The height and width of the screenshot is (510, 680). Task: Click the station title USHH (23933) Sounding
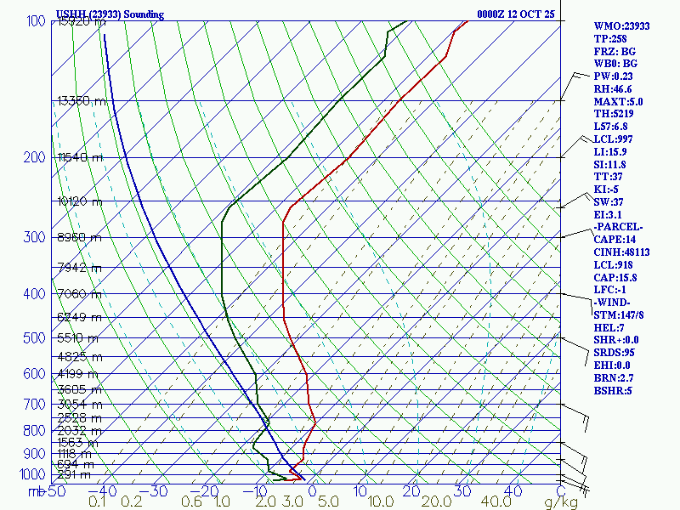click(110, 14)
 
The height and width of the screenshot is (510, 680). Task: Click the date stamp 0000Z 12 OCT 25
click(516, 14)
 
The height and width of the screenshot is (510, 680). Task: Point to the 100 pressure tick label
click(36, 21)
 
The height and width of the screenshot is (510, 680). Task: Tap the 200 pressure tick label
click(36, 158)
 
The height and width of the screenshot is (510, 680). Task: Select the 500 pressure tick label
click(36, 338)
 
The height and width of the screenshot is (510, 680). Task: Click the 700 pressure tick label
click(36, 405)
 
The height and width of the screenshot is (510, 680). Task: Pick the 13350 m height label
click(82, 101)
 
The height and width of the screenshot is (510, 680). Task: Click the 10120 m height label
click(79, 202)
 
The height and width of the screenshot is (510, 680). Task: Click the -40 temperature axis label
click(108, 491)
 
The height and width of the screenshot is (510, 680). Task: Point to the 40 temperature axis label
click(513, 491)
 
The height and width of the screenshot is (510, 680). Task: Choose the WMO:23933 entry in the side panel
click(621, 26)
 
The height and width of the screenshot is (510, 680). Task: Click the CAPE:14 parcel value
click(615, 239)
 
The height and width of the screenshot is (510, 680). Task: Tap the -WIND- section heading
click(616, 302)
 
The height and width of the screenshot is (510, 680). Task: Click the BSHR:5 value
click(612, 390)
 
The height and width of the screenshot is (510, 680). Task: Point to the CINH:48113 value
click(623, 252)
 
